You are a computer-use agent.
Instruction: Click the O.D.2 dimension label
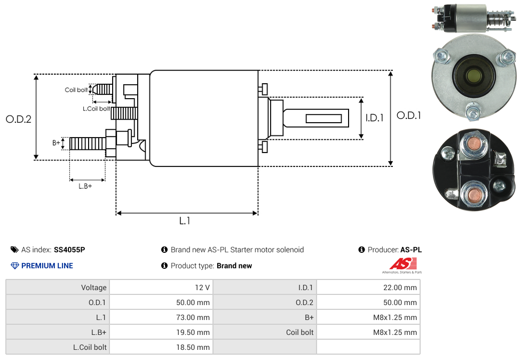19,119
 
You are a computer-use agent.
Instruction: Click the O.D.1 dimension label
409,115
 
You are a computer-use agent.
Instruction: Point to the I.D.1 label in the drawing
375,118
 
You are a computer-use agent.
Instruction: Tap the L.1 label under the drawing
185,221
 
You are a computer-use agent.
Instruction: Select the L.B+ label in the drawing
85,186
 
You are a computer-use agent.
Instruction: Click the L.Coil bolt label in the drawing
97,109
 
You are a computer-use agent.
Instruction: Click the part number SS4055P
69,250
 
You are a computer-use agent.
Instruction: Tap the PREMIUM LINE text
47,266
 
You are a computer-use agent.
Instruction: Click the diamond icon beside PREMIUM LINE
15,266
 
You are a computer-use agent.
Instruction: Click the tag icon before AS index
14,250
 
